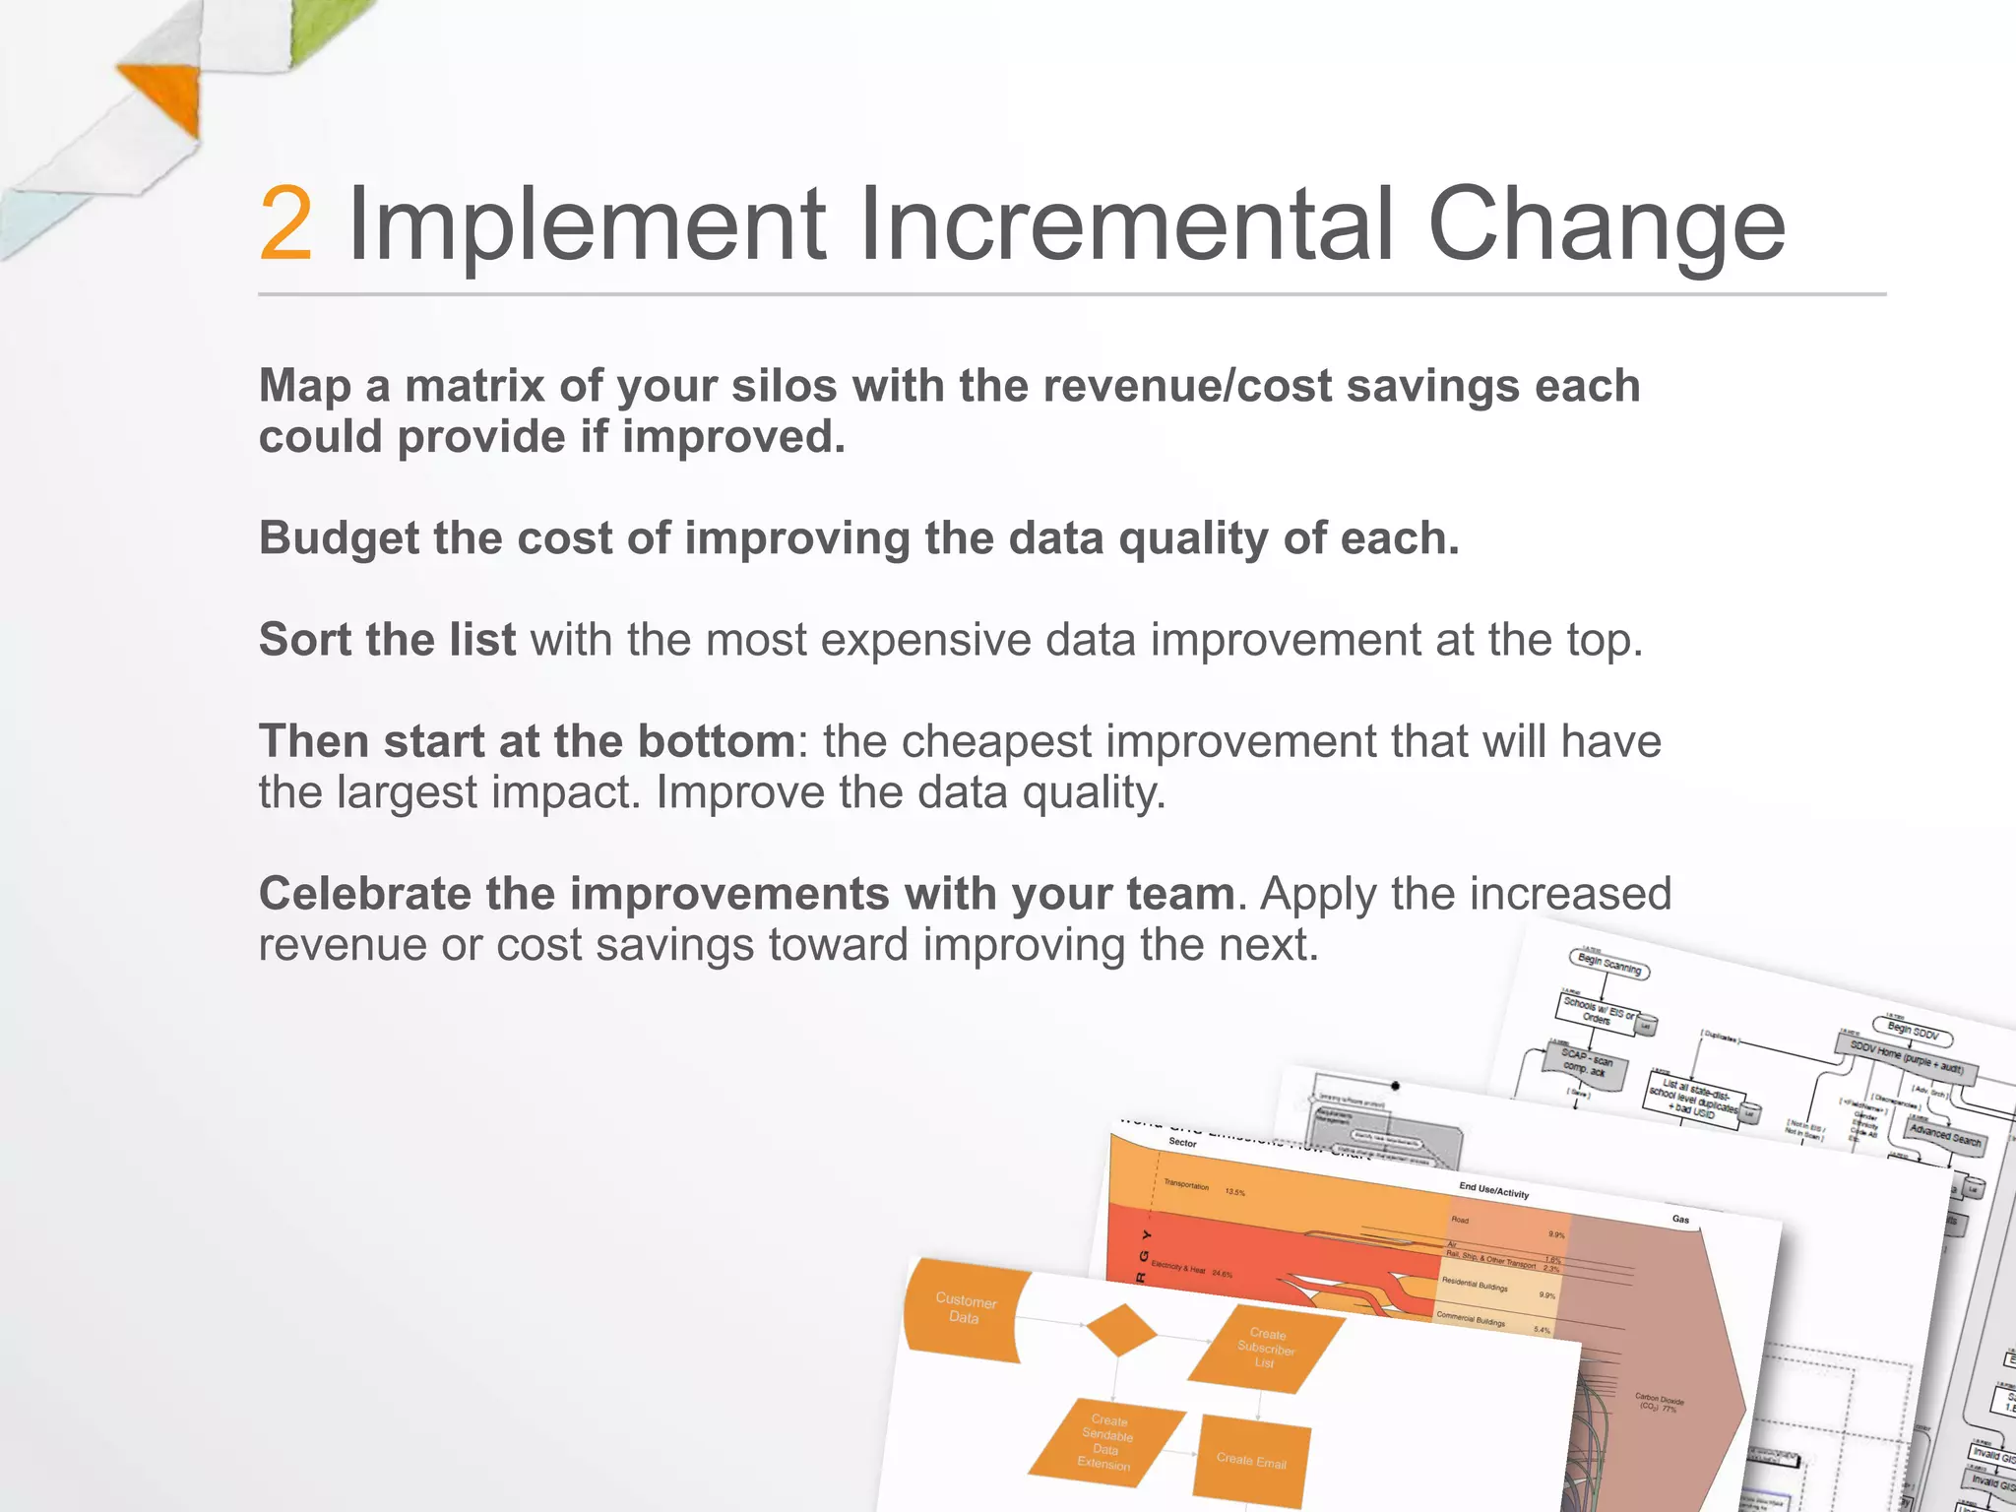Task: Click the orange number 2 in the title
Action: point(286,225)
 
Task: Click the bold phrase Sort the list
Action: point(387,640)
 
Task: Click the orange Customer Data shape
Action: point(966,1310)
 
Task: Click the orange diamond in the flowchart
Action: point(1120,1332)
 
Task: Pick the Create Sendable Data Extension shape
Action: point(1106,1443)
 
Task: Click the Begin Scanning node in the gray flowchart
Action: point(1608,963)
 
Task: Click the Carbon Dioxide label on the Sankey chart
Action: point(1659,1402)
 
